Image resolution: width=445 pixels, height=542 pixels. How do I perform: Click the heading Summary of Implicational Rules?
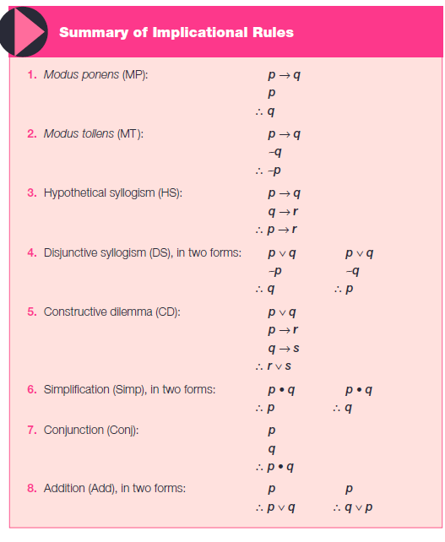(176, 32)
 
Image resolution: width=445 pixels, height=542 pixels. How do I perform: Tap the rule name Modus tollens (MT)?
(93, 134)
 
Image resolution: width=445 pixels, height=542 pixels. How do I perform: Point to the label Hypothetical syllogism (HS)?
(112, 192)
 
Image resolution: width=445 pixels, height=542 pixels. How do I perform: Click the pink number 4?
(31, 252)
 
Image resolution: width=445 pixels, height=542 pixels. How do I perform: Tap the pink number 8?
(31, 488)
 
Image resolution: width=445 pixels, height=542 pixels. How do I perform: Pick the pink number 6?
(31, 389)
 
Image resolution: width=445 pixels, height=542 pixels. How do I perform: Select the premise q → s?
(284, 348)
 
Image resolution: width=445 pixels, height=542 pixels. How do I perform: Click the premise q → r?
(284, 211)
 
